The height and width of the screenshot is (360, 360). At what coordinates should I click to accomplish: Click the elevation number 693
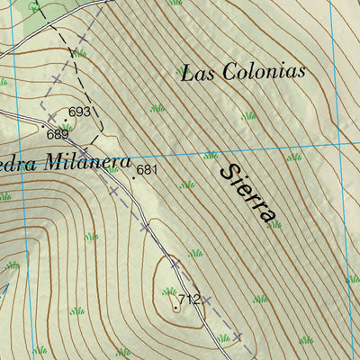80,112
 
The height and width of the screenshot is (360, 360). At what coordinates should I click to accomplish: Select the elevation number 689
58,134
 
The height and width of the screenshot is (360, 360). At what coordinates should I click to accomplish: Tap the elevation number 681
148,169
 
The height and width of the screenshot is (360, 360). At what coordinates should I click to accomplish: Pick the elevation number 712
188,299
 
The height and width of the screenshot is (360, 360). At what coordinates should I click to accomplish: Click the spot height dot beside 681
134,178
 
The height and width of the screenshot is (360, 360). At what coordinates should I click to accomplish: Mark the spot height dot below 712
175,308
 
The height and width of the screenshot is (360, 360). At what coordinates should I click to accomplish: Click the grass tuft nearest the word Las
157,108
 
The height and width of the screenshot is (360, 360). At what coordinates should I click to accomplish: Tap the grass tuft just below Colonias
247,115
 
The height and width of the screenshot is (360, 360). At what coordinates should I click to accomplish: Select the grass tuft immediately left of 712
168,291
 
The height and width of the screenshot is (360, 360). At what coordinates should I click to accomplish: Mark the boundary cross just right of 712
206,300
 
